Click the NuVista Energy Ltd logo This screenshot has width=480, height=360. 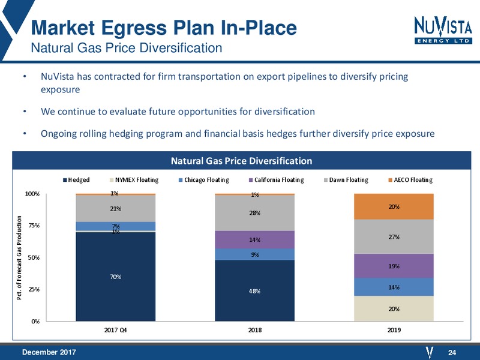443,30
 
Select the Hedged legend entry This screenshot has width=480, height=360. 76,179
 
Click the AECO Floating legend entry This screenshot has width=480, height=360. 410,179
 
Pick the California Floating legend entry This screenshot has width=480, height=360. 277,179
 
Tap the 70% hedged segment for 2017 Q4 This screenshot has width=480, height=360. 115,277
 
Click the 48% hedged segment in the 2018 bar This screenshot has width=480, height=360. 254,291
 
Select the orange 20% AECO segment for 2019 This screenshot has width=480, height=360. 394,206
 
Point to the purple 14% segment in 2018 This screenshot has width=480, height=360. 254,239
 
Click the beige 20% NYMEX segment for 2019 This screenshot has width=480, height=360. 394,308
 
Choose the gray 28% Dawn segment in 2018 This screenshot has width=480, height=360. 254,213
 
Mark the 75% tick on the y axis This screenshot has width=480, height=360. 34,226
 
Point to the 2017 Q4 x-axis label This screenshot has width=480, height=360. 115,330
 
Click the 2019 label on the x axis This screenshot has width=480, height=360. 394,330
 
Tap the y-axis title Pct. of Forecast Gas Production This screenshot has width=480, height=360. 19,257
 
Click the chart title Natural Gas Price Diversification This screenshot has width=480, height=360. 242,161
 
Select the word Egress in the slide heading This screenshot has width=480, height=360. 134,28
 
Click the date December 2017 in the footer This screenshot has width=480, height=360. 49,352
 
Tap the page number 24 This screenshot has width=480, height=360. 452,353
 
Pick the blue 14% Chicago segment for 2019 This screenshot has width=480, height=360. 394,287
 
